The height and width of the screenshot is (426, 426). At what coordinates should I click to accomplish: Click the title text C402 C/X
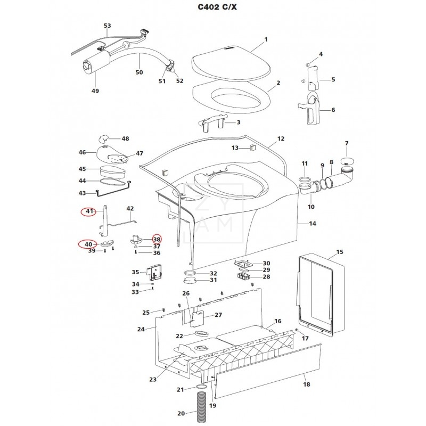click(x=212, y=9)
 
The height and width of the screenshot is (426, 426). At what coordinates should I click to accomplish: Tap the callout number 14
click(x=313, y=224)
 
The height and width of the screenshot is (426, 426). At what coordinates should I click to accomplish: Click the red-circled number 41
click(x=89, y=212)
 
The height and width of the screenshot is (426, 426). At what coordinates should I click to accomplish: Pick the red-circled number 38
click(x=157, y=239)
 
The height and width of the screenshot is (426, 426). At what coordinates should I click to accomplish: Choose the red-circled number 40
click(x=89, y=244)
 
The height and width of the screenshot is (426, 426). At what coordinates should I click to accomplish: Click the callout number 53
click(x=108, y=26)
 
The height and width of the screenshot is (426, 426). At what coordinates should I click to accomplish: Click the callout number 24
click(x=141, y=330)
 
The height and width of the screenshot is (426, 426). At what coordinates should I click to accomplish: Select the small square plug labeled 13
click(x=251, y=148)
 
